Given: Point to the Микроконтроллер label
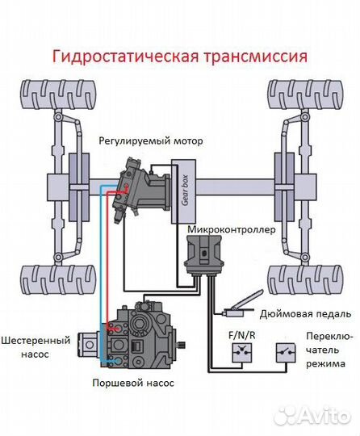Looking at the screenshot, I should tap(231, 230).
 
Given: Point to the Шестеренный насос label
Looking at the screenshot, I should tap(31, 346).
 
